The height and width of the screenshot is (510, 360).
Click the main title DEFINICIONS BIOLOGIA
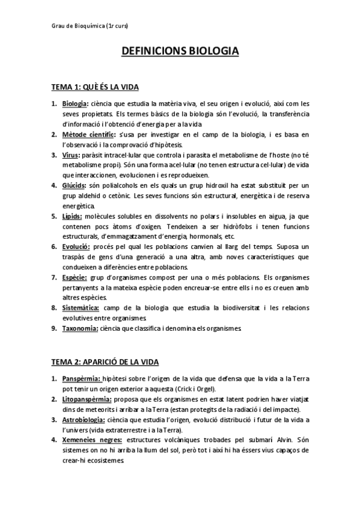point(180,52)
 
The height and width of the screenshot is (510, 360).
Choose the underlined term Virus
point(70,155)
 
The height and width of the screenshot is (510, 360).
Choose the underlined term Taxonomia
point(80,328)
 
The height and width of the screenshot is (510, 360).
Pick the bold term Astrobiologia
point(84,419)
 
